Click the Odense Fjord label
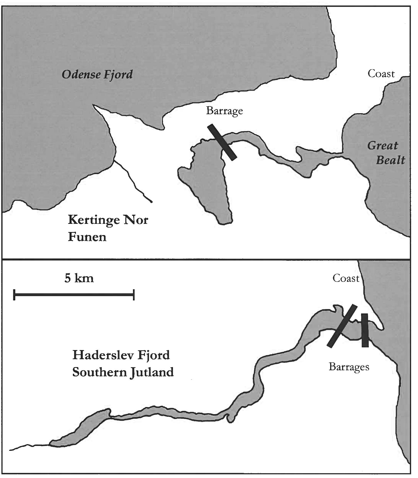click(97, 75)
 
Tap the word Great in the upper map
click(382, 146)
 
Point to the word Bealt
click(390, 160)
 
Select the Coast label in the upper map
click(381, 74)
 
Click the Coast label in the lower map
click(346, 278)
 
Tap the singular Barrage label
click(224, 111)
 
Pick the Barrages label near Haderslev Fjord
click(349, 367)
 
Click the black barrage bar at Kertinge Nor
click(222, 142)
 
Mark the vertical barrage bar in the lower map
click(365, 330)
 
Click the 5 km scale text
click(79, 278)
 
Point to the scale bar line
click(74, 295)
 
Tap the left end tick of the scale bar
click(14, 295)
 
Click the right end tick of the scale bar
click(134, 295)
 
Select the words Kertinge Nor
click(108, 220)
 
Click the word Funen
click(87, 237)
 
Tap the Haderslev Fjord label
click(121, 355)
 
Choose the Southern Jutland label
click(123, 372)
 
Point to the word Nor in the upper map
click(136, 220)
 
